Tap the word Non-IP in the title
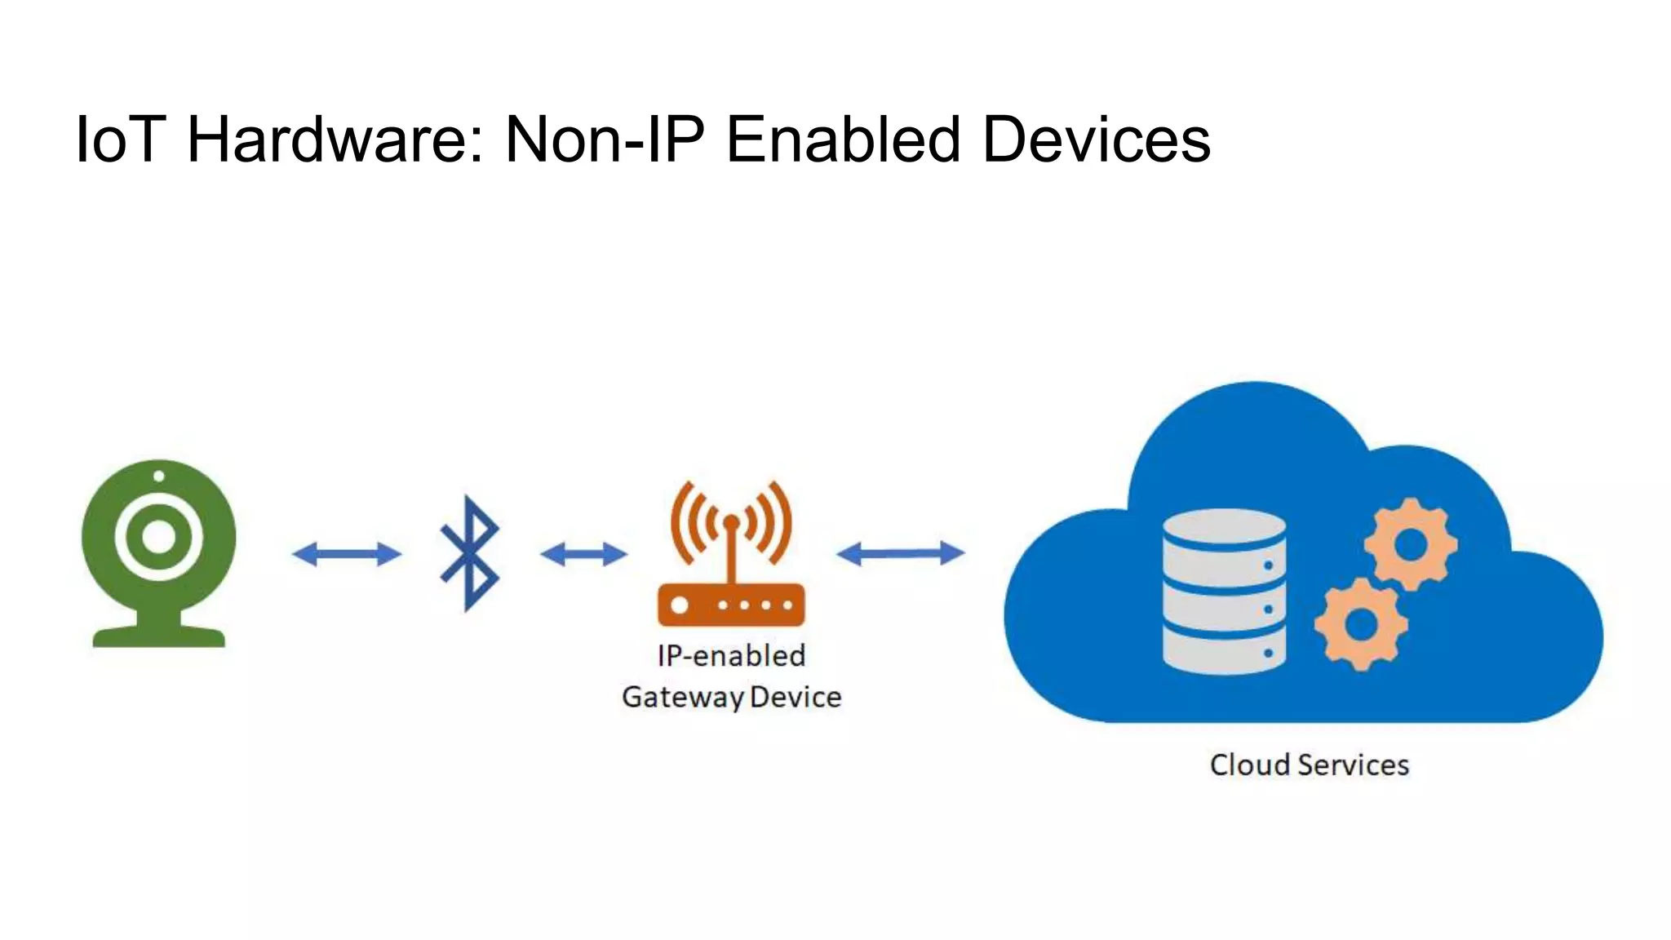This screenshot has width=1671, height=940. pos(604,140)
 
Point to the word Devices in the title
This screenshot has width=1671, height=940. pos(1096,140)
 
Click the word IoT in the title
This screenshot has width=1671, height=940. pos(121,140)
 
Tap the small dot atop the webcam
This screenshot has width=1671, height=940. pos(158,476)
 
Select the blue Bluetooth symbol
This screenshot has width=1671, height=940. pos(469,553)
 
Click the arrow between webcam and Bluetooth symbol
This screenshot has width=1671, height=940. pos(347,554)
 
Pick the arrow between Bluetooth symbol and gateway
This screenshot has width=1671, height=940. pos(583,555)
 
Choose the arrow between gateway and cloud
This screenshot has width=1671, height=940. pos(900,553)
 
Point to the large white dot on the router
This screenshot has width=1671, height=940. pos(679,605)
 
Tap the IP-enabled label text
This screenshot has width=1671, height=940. pos(731,655)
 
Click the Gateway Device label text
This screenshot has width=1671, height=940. pos(731,697)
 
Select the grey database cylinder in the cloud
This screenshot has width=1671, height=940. pos(1223,591)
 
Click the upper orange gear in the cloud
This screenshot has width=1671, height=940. pos(1410,543)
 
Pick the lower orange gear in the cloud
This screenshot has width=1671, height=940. pos(1360,624)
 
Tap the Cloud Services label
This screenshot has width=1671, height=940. pos(1309,765)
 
